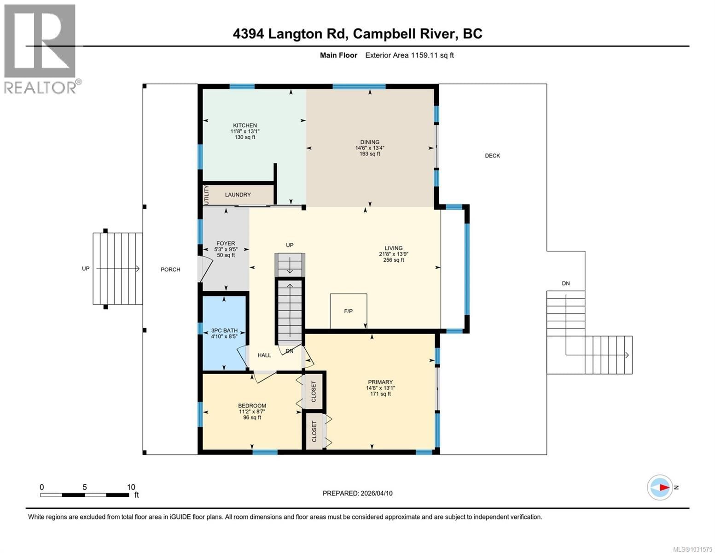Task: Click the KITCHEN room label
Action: pos(244,125)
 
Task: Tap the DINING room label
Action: pos(370,142)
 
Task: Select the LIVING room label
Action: pos(394,248)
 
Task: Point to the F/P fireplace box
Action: pos(349,311)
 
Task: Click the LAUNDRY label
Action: pos(238,195)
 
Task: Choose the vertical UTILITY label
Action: pos(206,195)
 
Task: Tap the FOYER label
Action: pos(226,244)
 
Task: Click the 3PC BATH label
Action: pos(224,330)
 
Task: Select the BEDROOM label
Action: pos(252,406)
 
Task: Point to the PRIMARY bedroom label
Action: pos(380,382)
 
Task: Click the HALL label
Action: pos(264,355)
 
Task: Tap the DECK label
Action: pos(492,156)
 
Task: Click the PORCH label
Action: pos(170,270)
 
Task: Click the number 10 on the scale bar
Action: pos(131,487)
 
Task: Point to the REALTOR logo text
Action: pos(41,87)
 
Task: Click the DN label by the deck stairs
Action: pos(566,283)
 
